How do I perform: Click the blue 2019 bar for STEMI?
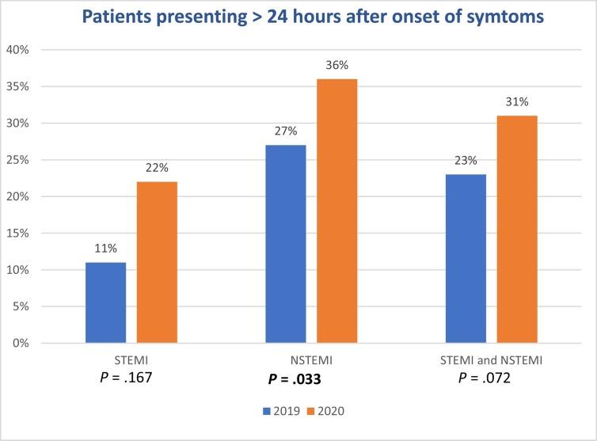tap(105, 302)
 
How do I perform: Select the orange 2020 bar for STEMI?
tap(157, 262)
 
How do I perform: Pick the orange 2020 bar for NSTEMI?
tap(337, 211)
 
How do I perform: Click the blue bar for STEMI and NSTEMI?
tap(466, 258)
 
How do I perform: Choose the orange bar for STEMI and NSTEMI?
tap(518, 229)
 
